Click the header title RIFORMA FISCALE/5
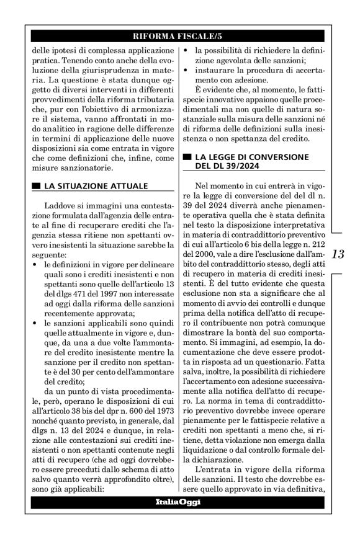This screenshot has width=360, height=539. pyautogui.click(x=180, y=36)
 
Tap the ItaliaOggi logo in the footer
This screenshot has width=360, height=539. pyautogui.click(x=180, y=501)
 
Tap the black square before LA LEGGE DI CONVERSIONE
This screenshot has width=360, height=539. pyautogui.click(x=187, y=156)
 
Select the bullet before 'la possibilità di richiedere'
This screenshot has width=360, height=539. pyautogui.click(x=188, y=50)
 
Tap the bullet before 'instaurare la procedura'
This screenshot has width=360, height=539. pyautogui.click(x=188, y=70)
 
